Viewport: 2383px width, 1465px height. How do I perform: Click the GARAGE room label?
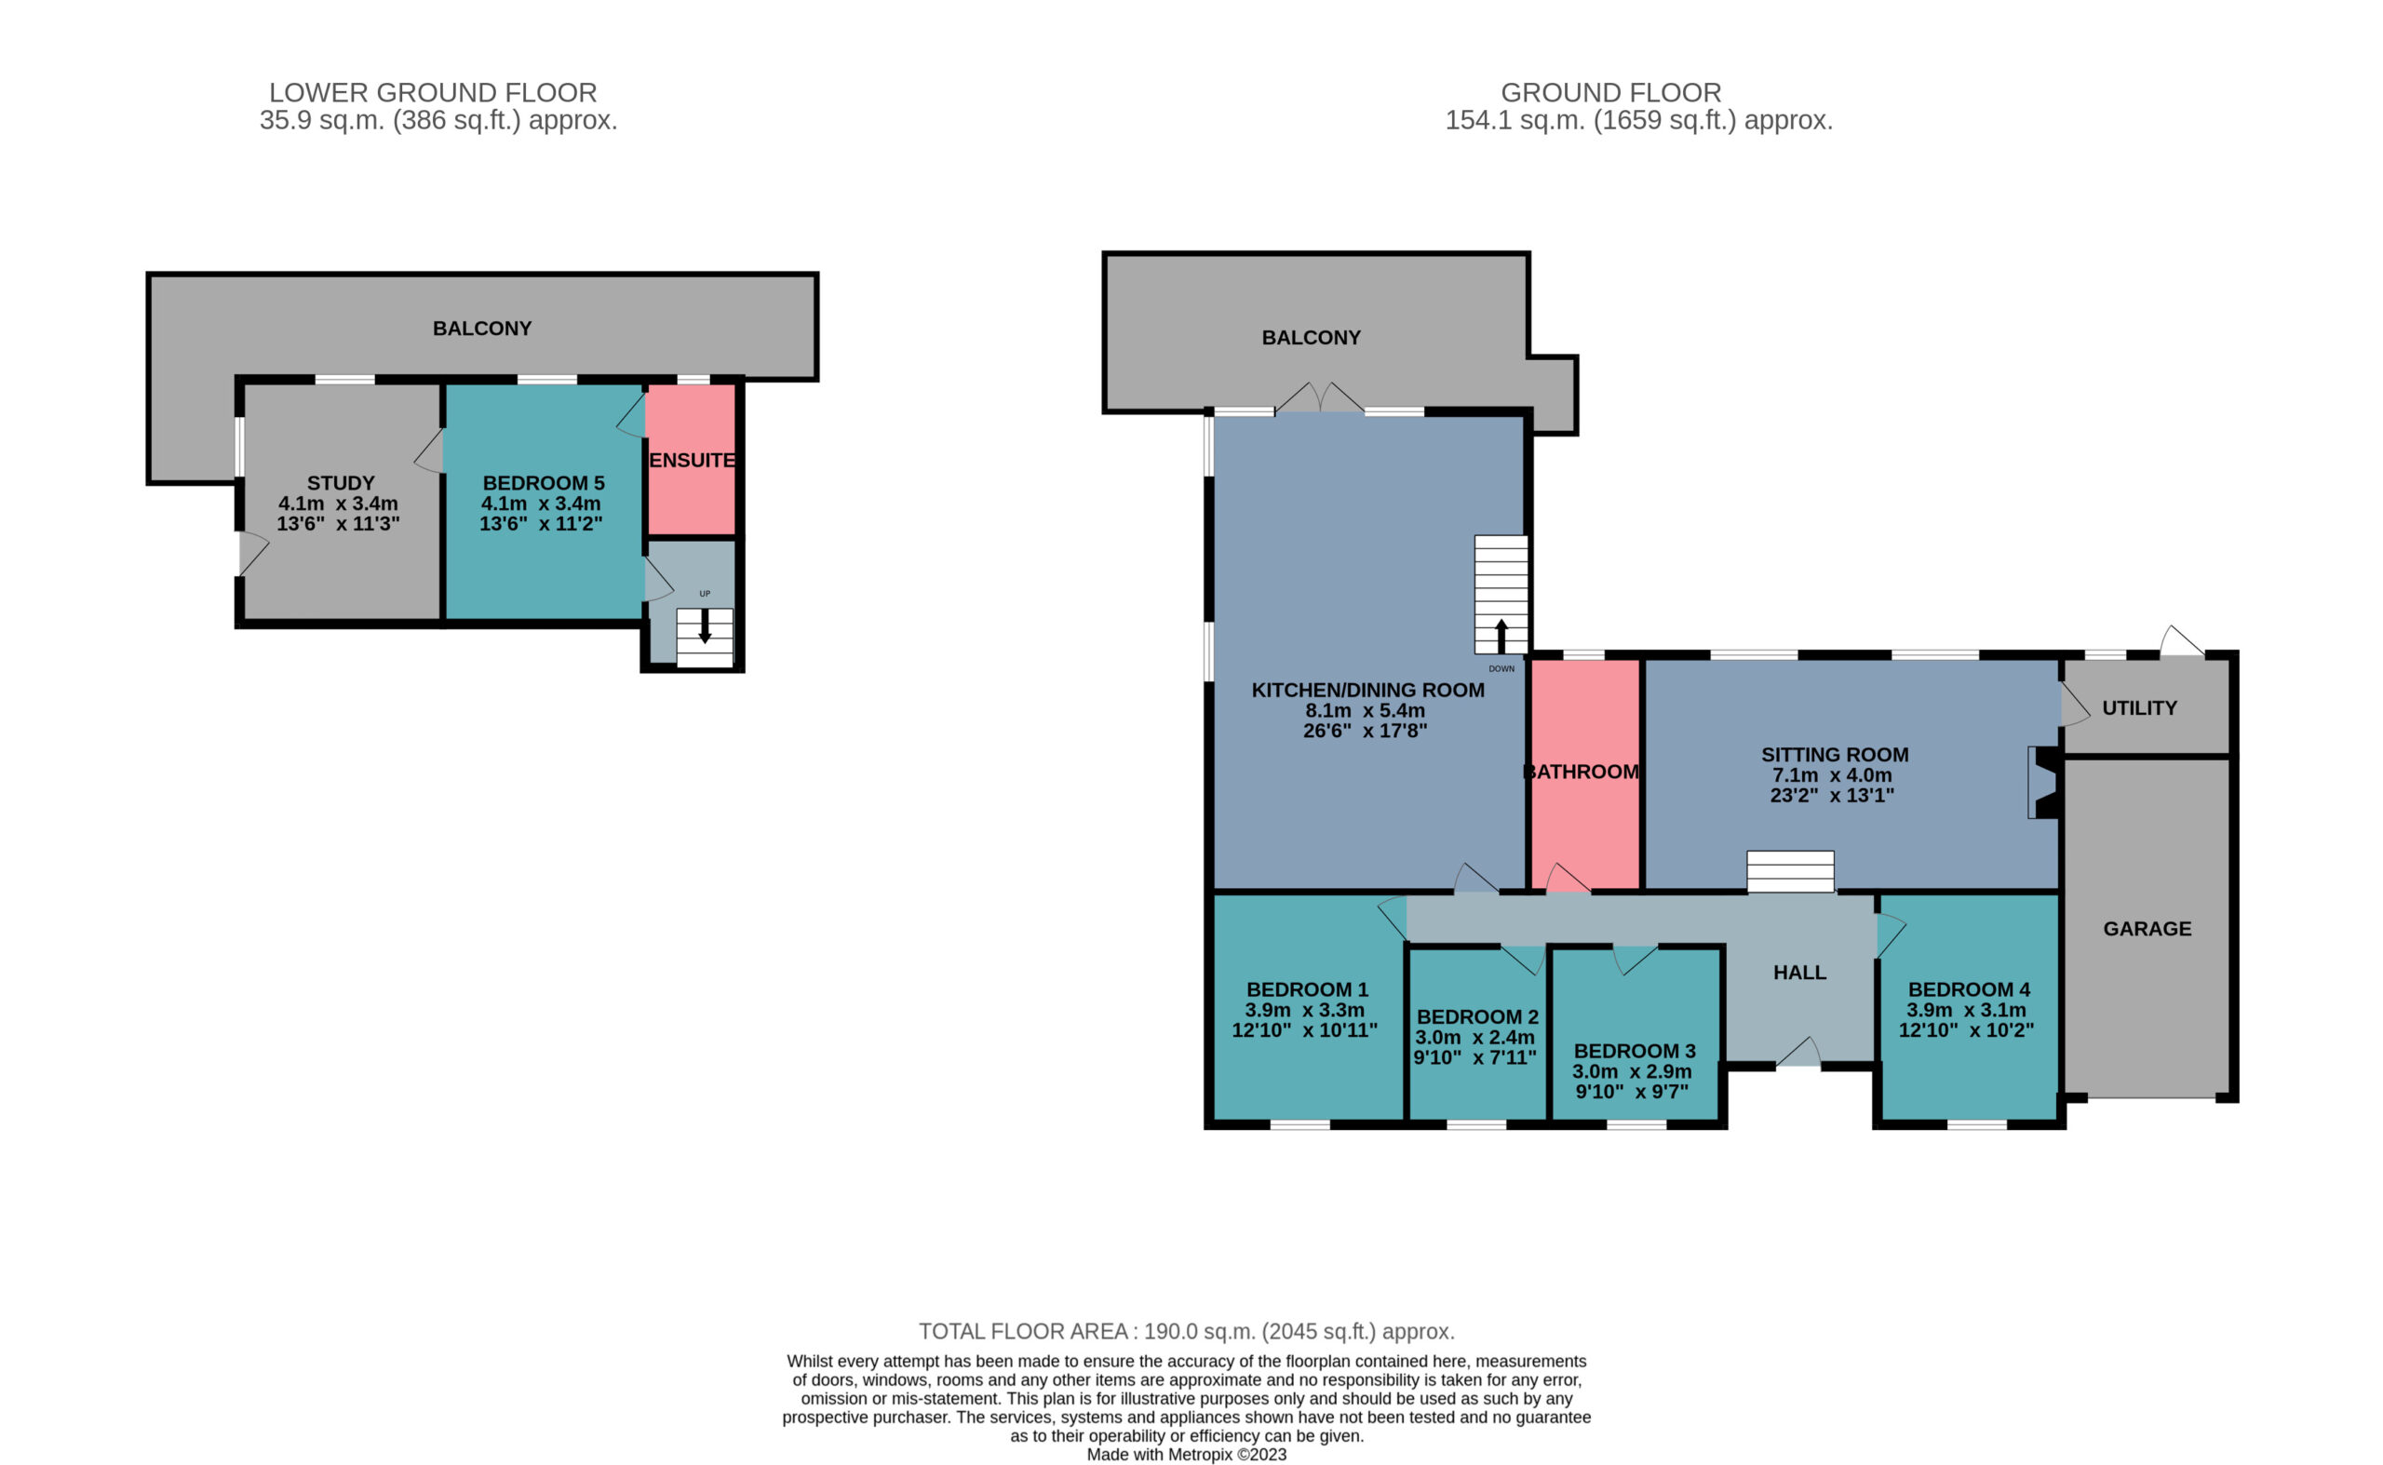[x=2147, y=928]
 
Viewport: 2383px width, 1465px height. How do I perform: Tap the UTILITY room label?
[x=2139, y=708]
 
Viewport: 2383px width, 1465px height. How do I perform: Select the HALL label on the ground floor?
[x=1799, y=973]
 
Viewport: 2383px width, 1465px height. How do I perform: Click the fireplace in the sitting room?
[x=2043, y=782]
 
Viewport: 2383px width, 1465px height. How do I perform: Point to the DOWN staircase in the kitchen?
[x=1501, y=595]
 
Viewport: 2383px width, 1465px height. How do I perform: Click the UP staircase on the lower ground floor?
[x=705, y=638]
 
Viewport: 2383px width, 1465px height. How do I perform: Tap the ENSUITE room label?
[x=692, y=460]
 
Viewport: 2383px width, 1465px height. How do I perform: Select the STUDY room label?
[x=340, y=482]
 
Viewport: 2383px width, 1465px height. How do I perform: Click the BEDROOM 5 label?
[x=543, y=482]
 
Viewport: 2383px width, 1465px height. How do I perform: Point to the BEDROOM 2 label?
[x=1477, y=1016]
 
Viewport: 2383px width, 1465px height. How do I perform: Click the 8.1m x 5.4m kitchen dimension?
[x=1366, y=710]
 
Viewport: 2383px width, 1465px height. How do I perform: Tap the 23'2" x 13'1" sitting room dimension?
[x=1832, y=796]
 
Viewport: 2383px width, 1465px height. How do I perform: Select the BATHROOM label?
[x=1582, y=772]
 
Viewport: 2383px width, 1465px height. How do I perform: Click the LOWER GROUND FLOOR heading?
[x=433, y=93]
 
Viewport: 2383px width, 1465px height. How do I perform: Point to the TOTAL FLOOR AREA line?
[x=1187, y=1331]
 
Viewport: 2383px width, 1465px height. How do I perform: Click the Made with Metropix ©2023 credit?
[x=1187, y=1455]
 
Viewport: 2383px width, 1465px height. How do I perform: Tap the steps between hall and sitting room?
[x=1790, y=872]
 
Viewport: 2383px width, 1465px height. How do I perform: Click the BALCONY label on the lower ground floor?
[x=481, y=329]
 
